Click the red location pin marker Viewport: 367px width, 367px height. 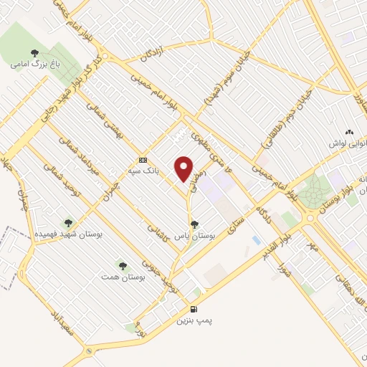183,169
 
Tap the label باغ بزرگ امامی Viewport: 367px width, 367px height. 34,64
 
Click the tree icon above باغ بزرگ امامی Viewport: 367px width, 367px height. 35,52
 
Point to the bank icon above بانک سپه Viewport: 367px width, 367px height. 143,161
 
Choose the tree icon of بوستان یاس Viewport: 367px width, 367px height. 194,245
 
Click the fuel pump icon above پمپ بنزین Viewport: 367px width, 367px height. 192,310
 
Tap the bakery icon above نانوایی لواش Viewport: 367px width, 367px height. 349,133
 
